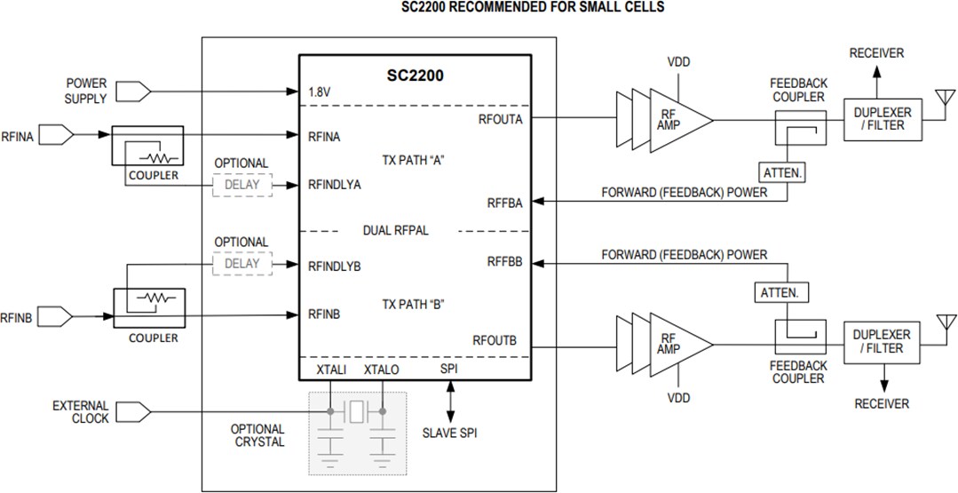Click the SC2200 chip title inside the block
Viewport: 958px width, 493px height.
coord(415,76)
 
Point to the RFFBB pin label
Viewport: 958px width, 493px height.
coord(504,262)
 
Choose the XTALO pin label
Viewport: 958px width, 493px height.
coord(382,369)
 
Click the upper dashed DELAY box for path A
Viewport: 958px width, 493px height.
coord(241,185)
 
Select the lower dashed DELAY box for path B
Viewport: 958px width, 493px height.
coord(241,263)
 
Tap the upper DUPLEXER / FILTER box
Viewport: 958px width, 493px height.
coord(882,119)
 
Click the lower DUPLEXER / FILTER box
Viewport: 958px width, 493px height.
coord(882,341)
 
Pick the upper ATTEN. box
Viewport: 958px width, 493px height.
coord(781,173)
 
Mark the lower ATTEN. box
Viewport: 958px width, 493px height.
coord(780,291)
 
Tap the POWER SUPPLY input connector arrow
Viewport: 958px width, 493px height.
coord(134,91)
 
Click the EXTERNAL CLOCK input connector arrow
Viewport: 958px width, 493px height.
coord(134,411)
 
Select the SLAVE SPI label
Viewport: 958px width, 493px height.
coord(451,433)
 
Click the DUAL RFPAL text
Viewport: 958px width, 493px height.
coord(396,231)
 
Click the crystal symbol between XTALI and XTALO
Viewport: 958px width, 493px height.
coord(356,411)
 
